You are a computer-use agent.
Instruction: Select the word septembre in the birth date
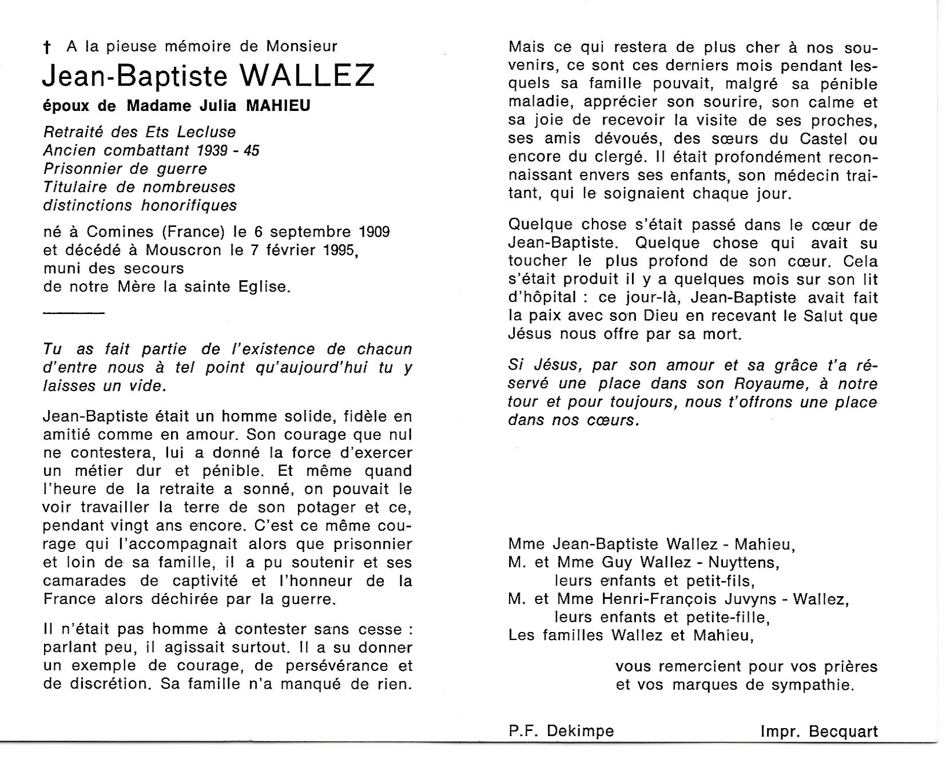302,232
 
